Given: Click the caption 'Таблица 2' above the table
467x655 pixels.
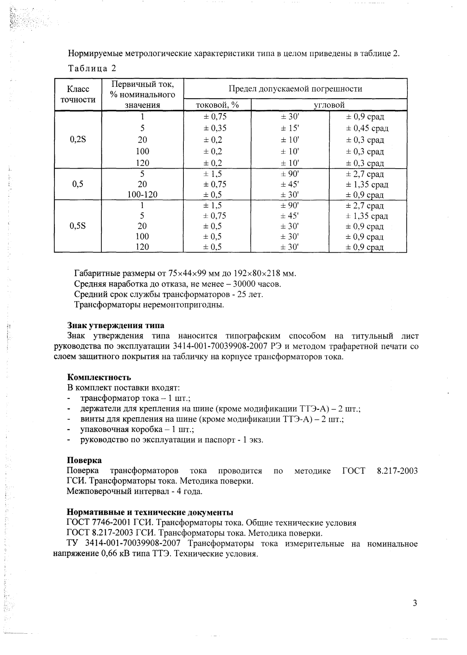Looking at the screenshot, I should tap(92, 68).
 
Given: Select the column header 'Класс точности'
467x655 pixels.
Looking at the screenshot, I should tap(78, 95).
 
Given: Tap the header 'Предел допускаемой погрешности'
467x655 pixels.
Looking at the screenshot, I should tap(295, 89).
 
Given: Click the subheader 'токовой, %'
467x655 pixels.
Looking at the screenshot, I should tap(217, 105).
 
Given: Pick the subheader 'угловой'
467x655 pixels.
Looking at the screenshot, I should tap(329, 105).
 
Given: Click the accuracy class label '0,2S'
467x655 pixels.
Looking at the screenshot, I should tap(78, 140).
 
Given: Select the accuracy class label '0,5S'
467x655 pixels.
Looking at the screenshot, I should tap(78, 226).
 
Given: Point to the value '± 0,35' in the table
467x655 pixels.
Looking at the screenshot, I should tap(215, 128).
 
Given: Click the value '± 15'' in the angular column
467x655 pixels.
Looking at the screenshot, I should tap(290, 128).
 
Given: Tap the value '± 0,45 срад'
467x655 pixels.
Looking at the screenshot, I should tap(367, 128).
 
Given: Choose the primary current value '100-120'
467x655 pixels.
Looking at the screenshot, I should tap(142, 195).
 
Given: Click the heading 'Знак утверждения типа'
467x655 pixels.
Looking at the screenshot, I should tap(116, 326).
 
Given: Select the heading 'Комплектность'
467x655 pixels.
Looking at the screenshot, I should tap(99, 377).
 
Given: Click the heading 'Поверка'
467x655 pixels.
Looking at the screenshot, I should tap(84, 460).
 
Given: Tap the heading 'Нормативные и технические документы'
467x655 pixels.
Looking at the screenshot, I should tap(150, 512).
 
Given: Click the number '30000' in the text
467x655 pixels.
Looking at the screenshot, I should tap(245, 284).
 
